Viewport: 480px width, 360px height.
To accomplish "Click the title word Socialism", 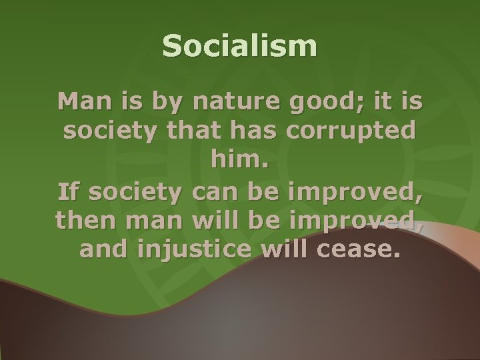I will [240, 47].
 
